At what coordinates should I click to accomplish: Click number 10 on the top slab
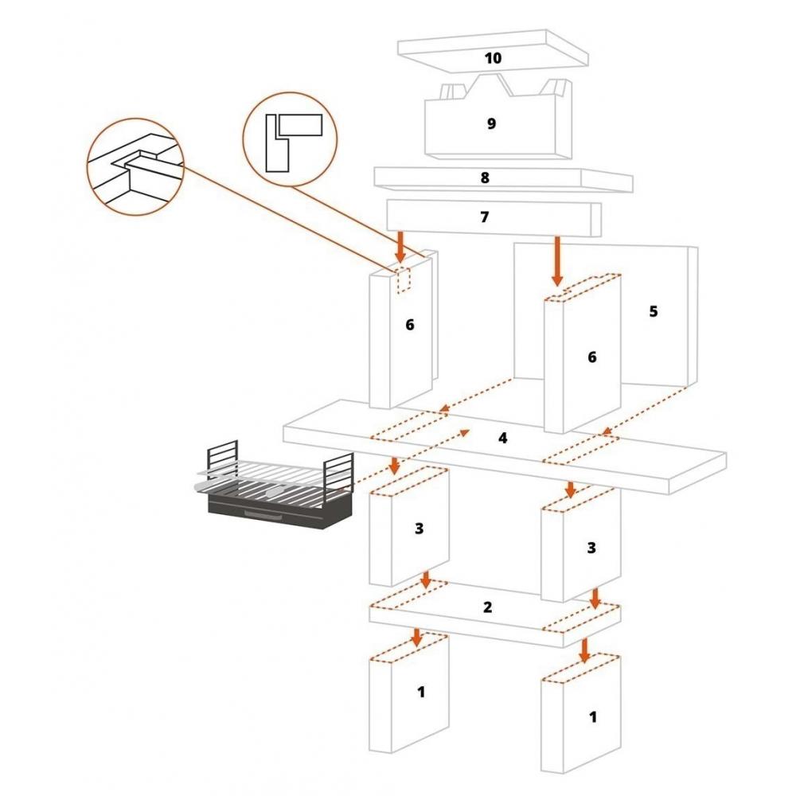click(x=493, y=58)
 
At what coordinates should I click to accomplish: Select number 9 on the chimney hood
click(x=491, y=123)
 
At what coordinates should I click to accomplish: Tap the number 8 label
click(x=485, y=178)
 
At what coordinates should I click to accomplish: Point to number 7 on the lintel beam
click(x=485, y=217)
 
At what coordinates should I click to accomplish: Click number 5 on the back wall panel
click(x=653, y=311)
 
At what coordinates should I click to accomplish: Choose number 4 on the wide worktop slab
click(x=502, y=438)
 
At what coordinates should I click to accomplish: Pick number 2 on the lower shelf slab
click(x=488, y=607)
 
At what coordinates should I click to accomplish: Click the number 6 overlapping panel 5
click(x=591, y=357)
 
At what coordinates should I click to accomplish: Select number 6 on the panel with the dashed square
click(x=410, y=325)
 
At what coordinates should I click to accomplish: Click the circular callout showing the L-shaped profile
click(x=289, y=140)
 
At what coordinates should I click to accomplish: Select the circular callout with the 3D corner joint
click(x=136, y=166)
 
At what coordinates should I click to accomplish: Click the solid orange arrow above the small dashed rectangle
click(x=400, y=248)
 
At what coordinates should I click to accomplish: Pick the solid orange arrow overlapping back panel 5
click(x=557, y=261)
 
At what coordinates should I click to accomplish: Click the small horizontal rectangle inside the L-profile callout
click(x=301, y=124)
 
